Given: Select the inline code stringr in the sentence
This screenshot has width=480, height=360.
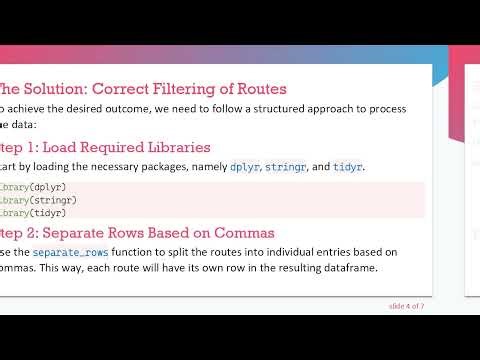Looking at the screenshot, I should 289,166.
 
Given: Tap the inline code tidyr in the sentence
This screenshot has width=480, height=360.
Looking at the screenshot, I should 348,166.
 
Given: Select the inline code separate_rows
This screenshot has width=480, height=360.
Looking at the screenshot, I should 69,252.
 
